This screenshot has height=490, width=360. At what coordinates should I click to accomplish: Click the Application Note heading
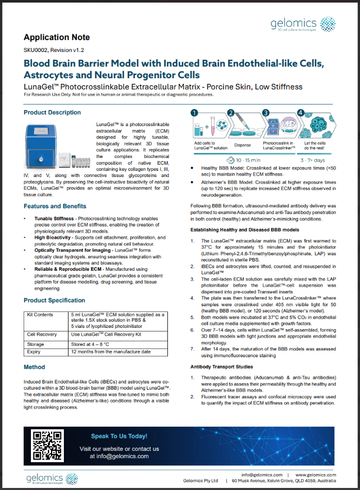coord(57,37)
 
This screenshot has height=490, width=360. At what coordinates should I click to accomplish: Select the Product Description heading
coord(52,112)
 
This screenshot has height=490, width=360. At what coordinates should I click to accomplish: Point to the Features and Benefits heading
coord(55,206)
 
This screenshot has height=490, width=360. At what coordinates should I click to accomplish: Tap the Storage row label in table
coord(36,343)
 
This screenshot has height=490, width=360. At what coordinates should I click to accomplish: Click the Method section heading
coord(35,367)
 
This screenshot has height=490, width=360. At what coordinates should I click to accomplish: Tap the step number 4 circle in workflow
coord(301,113)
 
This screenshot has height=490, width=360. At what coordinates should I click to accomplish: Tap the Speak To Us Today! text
coord(119,436)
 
